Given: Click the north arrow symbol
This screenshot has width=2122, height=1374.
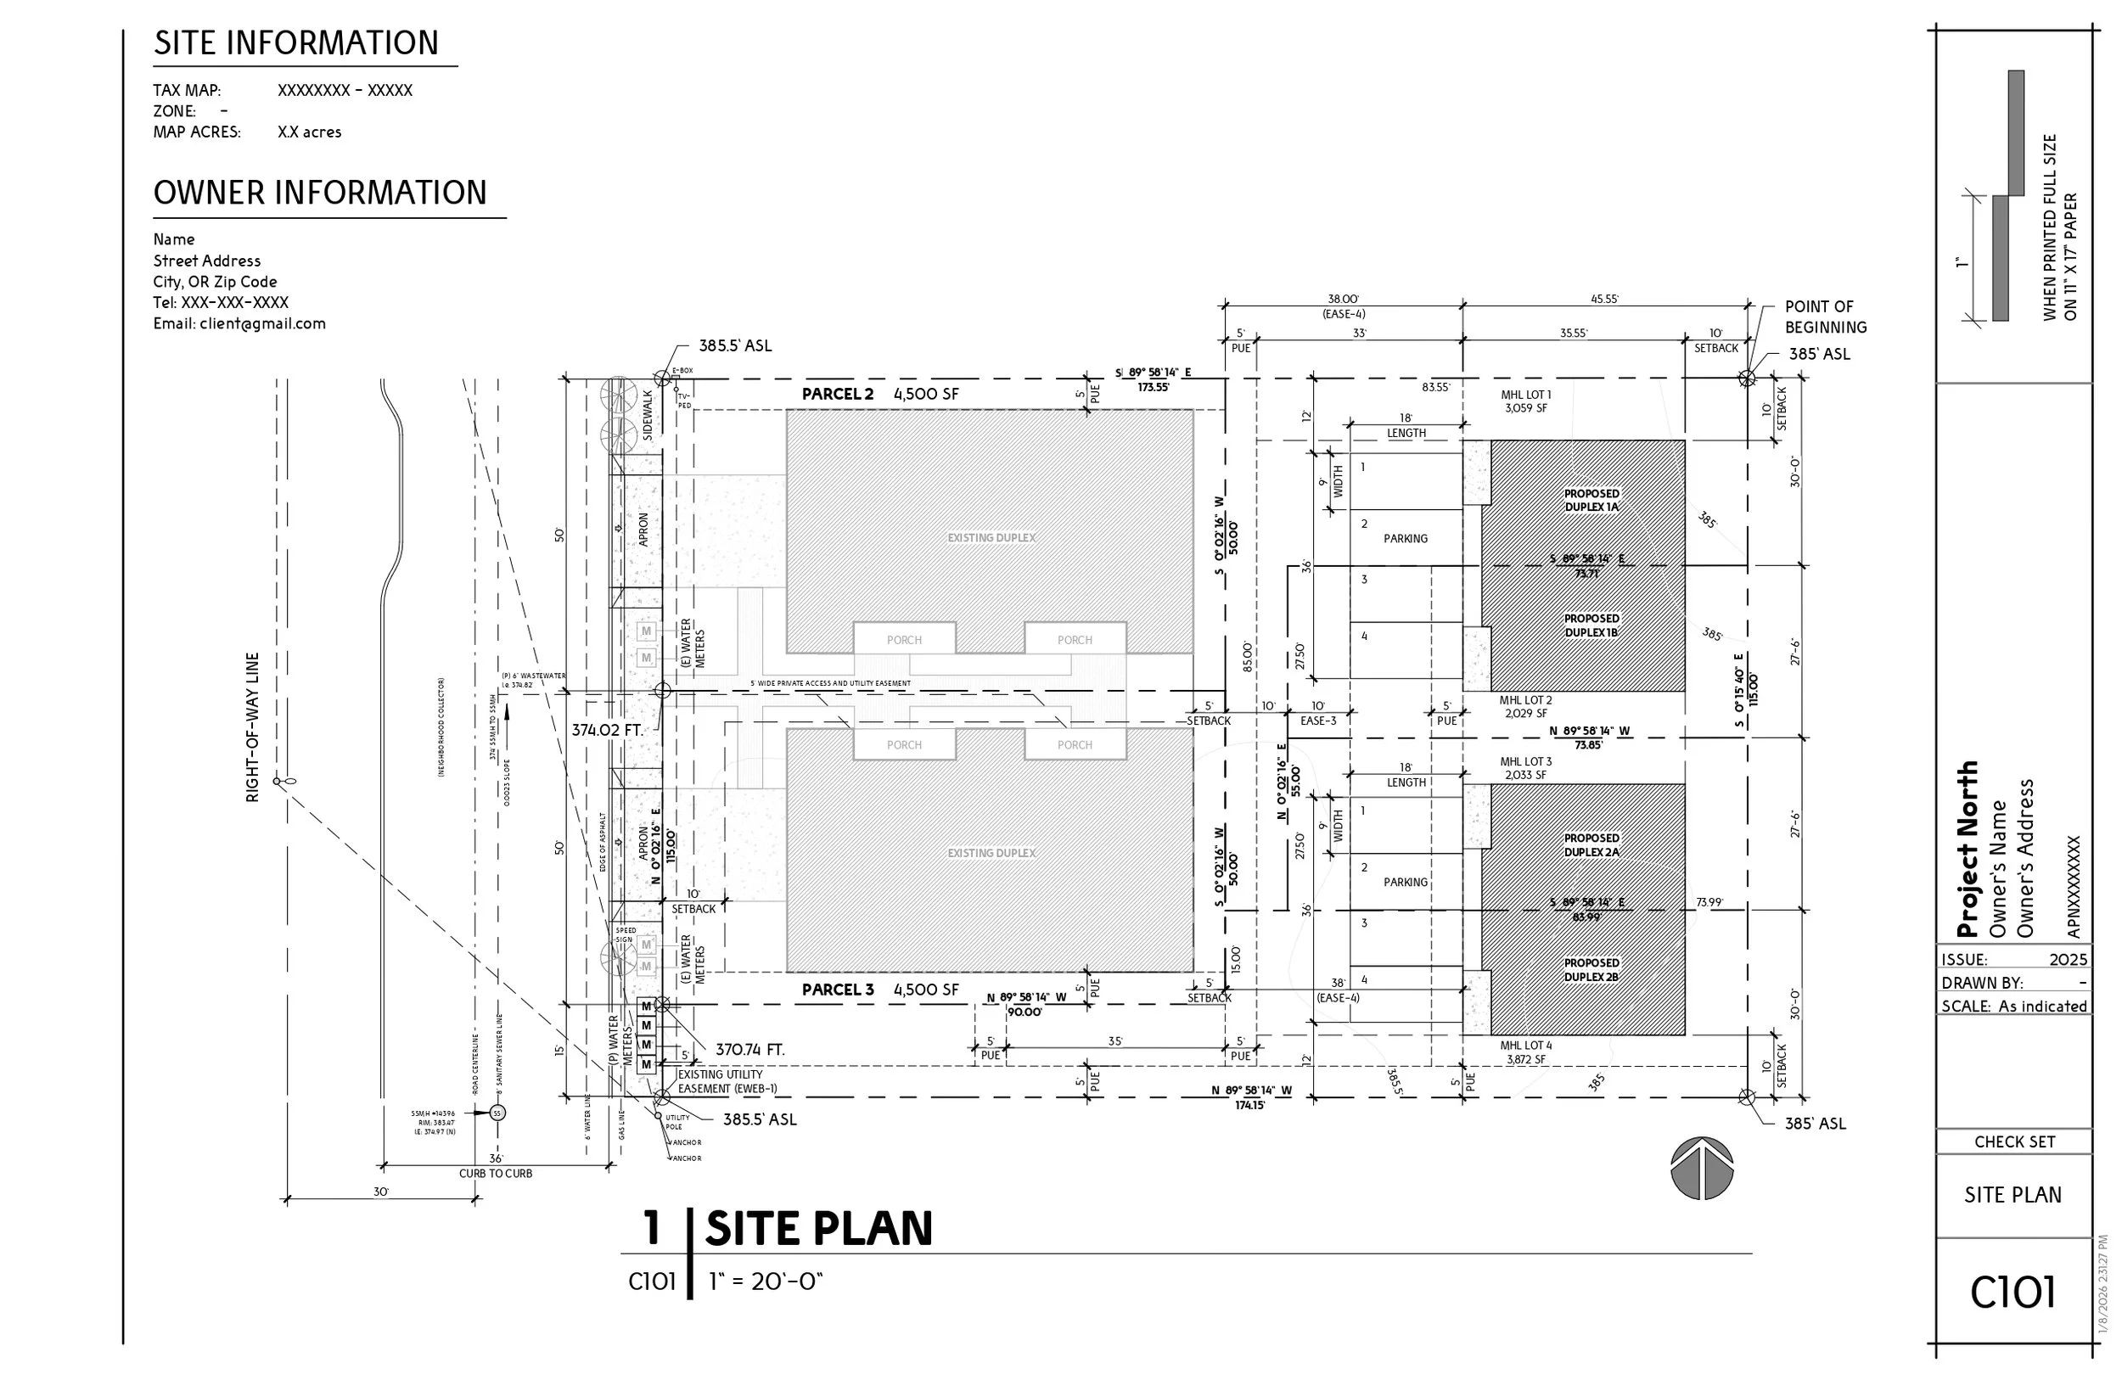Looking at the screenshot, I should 1701,1168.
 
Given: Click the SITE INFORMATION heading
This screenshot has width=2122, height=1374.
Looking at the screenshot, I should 296,42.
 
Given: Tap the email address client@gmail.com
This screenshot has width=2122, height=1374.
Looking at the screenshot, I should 239,323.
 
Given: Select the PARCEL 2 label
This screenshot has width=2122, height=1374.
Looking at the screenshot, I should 837,394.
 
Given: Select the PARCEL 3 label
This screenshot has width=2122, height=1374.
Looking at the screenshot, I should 837,990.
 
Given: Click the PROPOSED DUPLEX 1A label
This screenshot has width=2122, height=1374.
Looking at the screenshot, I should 1591,500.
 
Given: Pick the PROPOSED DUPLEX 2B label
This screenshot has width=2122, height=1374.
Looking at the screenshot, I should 1591,970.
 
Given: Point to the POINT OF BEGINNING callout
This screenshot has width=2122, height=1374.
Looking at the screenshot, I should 1825,317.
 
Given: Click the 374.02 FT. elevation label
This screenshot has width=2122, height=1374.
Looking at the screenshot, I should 607,730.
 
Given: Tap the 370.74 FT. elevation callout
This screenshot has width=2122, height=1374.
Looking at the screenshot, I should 749,1051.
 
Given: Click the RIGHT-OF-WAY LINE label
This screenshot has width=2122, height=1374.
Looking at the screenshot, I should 252,726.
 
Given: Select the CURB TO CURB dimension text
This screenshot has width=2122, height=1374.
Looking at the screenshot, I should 495,1174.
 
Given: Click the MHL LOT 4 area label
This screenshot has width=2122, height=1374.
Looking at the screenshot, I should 1525,1052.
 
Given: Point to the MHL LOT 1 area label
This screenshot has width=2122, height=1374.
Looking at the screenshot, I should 1525,401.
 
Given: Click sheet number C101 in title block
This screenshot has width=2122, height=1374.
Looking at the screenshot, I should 2013,1293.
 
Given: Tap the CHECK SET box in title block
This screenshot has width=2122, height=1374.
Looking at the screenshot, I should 2014,1141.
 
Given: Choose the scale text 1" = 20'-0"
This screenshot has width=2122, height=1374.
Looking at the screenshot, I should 765,1281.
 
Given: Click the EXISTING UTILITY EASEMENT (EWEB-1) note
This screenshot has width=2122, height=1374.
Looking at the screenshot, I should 726,1081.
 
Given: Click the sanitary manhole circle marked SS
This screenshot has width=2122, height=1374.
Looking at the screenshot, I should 498,1113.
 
